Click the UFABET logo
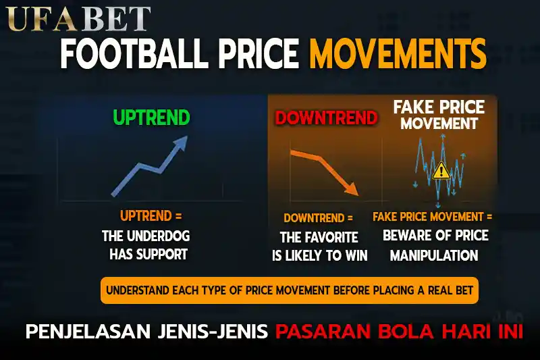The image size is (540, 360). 79,18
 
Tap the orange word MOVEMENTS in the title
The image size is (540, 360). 398,53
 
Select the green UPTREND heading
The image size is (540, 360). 151,118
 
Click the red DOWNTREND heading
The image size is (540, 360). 325,118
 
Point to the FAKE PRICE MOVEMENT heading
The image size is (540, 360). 439,115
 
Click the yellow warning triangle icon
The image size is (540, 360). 441,170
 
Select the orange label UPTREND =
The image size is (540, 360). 151,216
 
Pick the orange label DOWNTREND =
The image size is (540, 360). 318,218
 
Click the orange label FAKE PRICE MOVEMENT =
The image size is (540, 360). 432,217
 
